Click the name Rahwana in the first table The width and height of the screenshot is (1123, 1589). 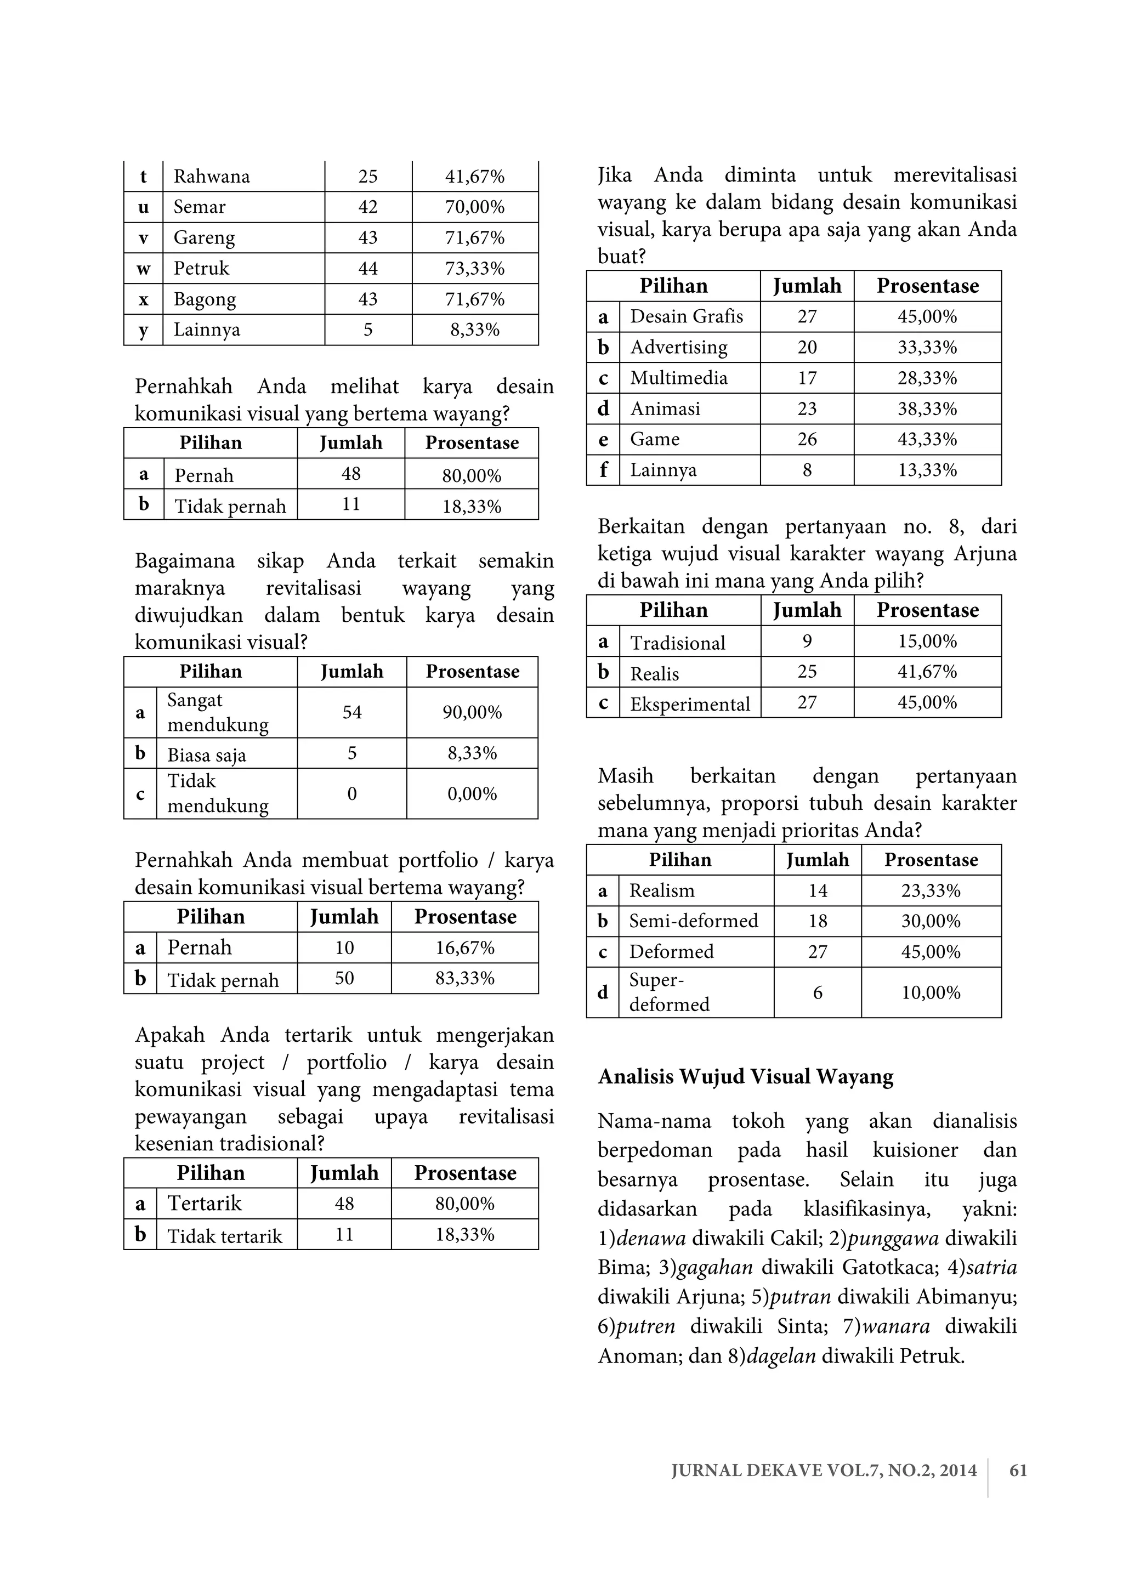tap(211, 177)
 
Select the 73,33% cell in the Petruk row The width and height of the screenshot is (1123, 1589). tap(475, 269)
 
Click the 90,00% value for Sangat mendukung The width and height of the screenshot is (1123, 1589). tap(472, 712)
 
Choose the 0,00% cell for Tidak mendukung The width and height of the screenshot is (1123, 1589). tap(472, 794)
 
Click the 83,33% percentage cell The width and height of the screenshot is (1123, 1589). tap(464, 979)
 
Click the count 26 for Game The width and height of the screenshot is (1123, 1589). tap(807, 439)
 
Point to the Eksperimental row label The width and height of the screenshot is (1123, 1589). tap(689, 705)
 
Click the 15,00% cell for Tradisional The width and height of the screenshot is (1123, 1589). tap(927, 642)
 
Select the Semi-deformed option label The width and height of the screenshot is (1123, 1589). tap(693, 921)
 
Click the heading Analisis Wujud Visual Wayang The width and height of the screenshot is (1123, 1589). tap(745, 1077)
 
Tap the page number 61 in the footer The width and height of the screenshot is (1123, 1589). tap(1018, 1471)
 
